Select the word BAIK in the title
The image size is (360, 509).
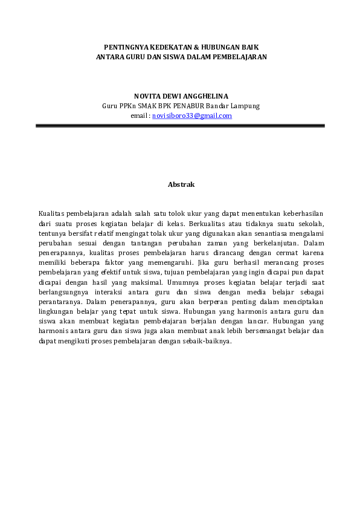coord(249,46)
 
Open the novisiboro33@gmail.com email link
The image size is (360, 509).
coord(192,115)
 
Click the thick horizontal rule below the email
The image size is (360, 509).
coord(180,126)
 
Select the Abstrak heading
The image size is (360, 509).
coord(181,184)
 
